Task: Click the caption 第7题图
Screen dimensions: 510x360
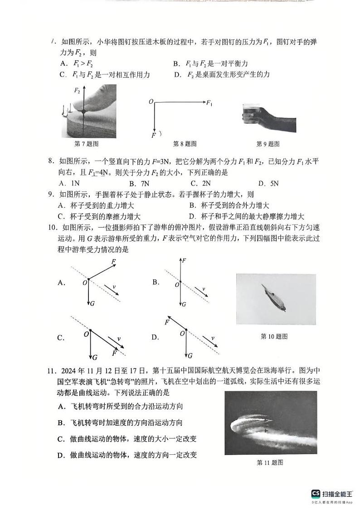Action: [x=86, y=144]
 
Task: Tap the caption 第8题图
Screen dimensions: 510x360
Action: [x=185, y=144]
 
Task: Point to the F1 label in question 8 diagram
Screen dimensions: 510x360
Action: [x=209, y=103]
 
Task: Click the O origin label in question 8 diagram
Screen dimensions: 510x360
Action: [x=151, y=102]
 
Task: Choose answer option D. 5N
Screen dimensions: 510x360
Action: [x=268, y=184]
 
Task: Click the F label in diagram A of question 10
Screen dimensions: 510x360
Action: [x=113, y=262]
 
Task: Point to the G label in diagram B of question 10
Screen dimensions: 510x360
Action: [x=184, y=304]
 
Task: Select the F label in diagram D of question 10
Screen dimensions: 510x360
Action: [x=167, y=323]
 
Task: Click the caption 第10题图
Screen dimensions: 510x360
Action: [x=274, y=336]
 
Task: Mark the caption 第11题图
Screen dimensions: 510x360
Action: [x=270, y=462]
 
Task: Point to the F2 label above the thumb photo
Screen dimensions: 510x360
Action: [x=77, y=91]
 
